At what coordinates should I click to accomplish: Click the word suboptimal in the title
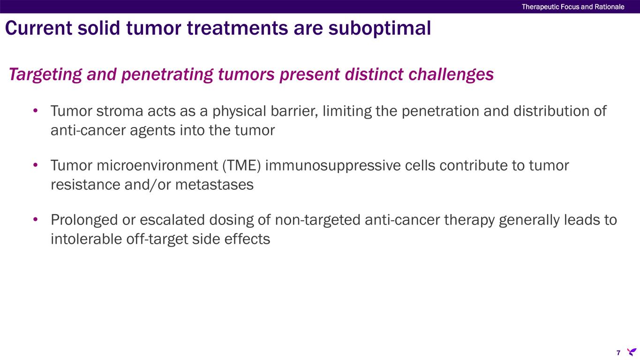(379, 29)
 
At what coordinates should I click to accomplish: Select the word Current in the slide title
(38, 28)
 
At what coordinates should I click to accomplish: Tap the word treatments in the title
(237, 28)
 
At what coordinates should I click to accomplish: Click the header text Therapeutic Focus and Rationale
(573, 7)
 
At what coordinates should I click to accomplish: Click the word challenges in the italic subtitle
(451, 74)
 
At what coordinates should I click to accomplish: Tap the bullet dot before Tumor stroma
(36, 110)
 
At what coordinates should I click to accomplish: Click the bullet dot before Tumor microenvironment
(36, 165)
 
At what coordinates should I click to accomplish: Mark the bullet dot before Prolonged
(36, 219)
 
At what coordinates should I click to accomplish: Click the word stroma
(120, 111)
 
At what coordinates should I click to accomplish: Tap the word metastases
(214, 185)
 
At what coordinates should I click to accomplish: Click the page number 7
(618, 352)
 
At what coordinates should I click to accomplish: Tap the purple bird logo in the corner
(632, 352)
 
